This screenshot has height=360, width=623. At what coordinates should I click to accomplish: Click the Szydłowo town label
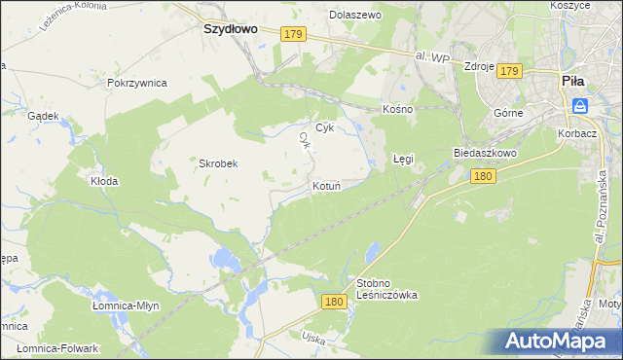click(230, 29)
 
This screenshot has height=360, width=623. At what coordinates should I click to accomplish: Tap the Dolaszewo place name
click(354, 16)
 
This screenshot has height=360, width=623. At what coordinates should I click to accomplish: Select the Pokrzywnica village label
click(137, 83)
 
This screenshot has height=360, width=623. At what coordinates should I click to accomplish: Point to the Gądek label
click(44, 116)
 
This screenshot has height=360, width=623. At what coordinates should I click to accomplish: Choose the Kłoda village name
click(104, 181)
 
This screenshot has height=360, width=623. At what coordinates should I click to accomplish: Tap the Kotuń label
click(325, 185)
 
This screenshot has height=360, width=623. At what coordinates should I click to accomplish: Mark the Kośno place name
click(398, 109)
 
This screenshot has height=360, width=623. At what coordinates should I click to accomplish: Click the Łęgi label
click(403, 157)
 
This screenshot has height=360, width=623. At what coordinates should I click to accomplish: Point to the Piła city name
click(572, 83)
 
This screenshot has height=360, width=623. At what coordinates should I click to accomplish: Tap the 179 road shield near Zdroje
click(510, 71)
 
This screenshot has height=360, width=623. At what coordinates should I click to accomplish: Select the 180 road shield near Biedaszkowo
click(484, 176)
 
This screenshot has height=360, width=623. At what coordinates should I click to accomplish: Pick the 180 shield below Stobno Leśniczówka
click(334, 303)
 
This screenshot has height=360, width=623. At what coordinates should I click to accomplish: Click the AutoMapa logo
click(559, 341)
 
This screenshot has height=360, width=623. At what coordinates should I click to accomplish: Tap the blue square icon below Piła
click(580, 105)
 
